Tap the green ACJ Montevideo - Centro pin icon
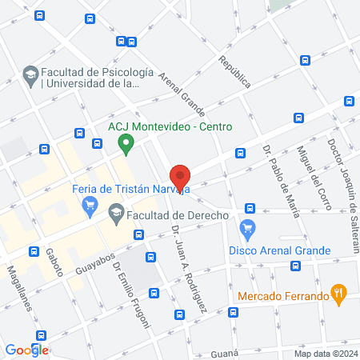point(125,144)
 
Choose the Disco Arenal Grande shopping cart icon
point(248,229)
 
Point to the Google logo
point(26,350)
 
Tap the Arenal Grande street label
point(183,93)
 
